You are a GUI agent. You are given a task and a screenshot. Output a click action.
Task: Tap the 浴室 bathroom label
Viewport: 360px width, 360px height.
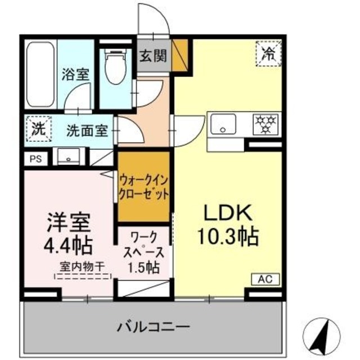pyautogui.click(x=76, y=73)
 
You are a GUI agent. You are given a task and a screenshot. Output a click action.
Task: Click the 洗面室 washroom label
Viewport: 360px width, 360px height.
pyautogui.click(x=87, y=130)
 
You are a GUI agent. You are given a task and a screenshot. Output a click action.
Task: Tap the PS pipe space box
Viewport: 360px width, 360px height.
pyautogui.click(x=35, y=158)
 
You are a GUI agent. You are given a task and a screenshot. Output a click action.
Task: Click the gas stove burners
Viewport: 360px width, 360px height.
pyautogui.click(x=265, y=124)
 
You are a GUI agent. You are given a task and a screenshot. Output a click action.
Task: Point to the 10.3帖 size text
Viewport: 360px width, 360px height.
pyautogui.click(x=228, y=236)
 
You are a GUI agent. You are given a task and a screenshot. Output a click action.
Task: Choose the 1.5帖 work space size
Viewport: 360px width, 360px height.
pyautogui.click(x=143, y=267)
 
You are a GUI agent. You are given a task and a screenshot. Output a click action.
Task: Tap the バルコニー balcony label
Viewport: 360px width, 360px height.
pyautogui.click(x=152, y=326)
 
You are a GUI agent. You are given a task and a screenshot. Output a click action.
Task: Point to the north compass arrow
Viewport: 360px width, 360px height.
pyautogui.click(x=323, y=336)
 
